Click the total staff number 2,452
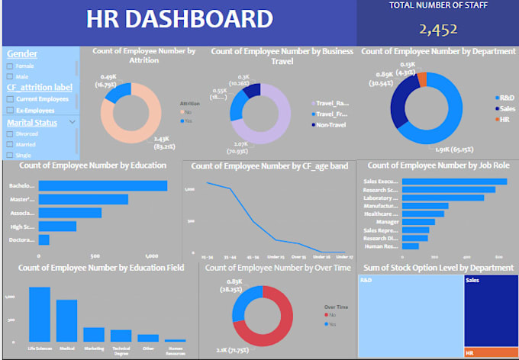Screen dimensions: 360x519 pyautogui.click(x=437, y=30)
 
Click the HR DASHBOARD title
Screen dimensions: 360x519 pyautogui.click(x=179, y=21)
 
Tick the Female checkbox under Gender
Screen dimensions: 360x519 pyautogui.click(x=9, y=66)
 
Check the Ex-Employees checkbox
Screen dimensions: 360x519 pyautogui.click(x=9, y=110)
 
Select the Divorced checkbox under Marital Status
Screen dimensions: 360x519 pyautogui.click(x=9, y=133)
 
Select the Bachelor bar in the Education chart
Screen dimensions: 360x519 pyautogui.click(x=102, y=185)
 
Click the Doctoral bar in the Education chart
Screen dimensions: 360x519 pyautogui.click(x=44, y=239)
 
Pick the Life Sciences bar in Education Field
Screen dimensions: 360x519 pyautogui.click(x=40, y=313)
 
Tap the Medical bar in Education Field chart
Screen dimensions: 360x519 pyautogui.click(x=67, y=320)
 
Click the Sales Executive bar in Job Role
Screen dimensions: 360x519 pyautogui.click(x=454, y=182)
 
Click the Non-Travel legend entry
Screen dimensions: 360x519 pyautogui.click(x=330, y=125)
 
